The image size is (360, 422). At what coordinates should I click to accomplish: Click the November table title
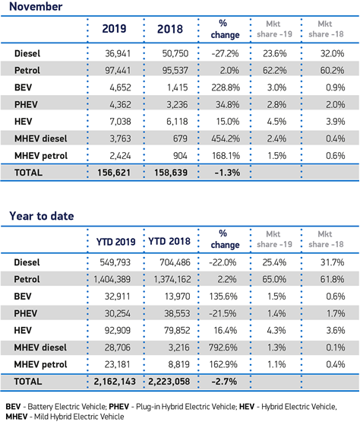coord(36,6)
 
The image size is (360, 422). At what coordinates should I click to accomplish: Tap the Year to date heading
coord(42,216)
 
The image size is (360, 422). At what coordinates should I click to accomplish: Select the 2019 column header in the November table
coord(114,29)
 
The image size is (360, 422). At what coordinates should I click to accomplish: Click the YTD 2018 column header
coord(169,241)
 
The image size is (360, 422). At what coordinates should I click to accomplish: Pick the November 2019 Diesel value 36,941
coord(118,53)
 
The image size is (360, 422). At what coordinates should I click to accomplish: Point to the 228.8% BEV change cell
coord(226,87)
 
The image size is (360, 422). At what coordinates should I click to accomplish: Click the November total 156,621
coord(114,173)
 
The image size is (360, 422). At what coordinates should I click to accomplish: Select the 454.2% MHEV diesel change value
coord(226,138)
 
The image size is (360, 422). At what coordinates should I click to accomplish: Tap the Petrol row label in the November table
coord(27,71)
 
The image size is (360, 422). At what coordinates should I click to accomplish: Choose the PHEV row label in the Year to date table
coord(26,313)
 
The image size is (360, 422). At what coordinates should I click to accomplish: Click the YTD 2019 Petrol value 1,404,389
coord(112,279)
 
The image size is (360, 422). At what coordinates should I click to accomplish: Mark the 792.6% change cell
coord(223,347)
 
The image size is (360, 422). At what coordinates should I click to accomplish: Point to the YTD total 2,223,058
coord(169,382)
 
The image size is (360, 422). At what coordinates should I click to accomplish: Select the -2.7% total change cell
coord(224,382)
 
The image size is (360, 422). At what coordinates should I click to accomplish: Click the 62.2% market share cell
coord(274,71)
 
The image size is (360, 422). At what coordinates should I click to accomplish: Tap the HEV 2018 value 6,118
coord(177,122)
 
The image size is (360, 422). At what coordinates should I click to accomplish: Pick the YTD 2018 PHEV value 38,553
coord(177,313)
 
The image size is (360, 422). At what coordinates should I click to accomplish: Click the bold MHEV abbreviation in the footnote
coord(17,417)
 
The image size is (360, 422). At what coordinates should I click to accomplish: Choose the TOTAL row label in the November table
coord(28,173)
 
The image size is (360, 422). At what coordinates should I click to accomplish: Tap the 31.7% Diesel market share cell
coord(333,262)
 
